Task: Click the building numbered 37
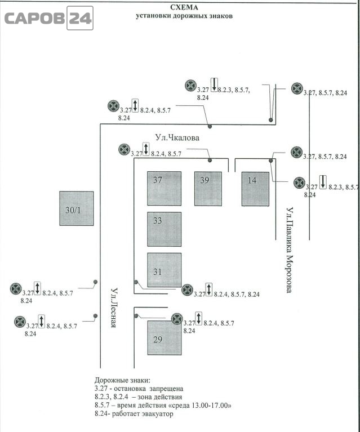coord(164,188)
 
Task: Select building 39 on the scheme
coord(208,188)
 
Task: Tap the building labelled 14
coord(255,188)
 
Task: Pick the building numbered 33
coord(164,229)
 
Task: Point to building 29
coord(164,337)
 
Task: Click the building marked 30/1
coord(76,208)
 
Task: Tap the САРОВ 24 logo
coord(47,19)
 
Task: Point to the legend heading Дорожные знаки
coord(123,381)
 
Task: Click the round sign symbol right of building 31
coord(188,290)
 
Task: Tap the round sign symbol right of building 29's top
coord(177,319)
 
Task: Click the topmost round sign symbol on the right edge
coord(297,88)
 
